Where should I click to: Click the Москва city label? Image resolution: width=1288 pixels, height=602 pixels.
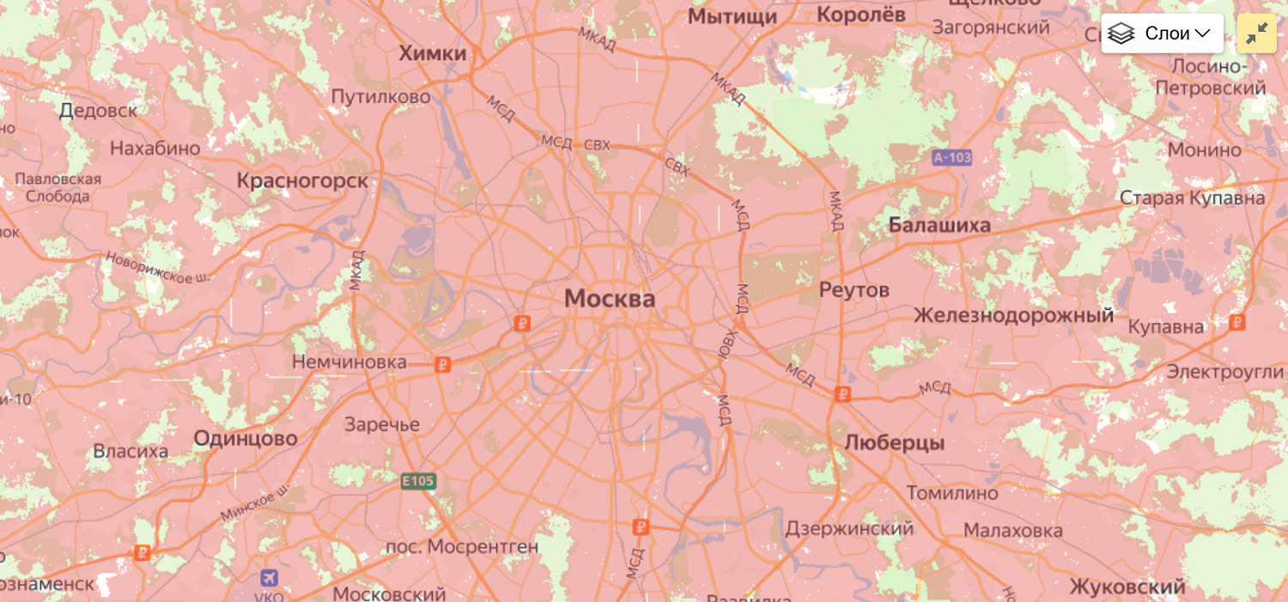(x=609, y=299)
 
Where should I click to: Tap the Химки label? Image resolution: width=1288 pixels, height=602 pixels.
(x=433, y=53)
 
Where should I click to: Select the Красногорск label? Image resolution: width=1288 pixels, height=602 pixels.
(x=302, y=181)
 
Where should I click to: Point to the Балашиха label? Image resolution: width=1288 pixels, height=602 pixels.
(x=939, y=225)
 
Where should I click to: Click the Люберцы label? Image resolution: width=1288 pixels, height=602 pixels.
(x=894, y=443)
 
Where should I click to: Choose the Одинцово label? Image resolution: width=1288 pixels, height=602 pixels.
(x=245, y=439)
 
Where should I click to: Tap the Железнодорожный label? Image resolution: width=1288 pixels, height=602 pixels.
(x=1013, y=316)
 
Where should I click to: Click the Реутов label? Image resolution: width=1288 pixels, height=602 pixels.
(x=854, y=290)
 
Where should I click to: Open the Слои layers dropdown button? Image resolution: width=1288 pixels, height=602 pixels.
(x=1162, y=33)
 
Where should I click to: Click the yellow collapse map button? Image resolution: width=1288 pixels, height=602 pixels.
(x=1256, y=33)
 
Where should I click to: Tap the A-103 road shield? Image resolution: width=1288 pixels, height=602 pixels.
(x=951, y=157)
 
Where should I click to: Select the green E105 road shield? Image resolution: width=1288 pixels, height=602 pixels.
(x=418, y=481)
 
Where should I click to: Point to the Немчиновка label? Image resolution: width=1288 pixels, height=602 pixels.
(x=349, y=362)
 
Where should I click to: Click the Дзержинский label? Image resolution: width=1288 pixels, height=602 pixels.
(x=848, y=528)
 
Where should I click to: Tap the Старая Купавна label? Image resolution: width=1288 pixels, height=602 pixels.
(x=1192, y=198)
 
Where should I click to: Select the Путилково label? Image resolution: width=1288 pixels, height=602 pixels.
(x=380, y=97)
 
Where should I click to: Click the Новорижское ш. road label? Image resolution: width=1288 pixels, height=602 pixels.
(x=158, y=267)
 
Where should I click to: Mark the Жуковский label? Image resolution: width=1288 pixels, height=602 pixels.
(x=1127, y=587)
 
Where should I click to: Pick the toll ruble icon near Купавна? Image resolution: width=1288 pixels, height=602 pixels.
(x=1236, y=322)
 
